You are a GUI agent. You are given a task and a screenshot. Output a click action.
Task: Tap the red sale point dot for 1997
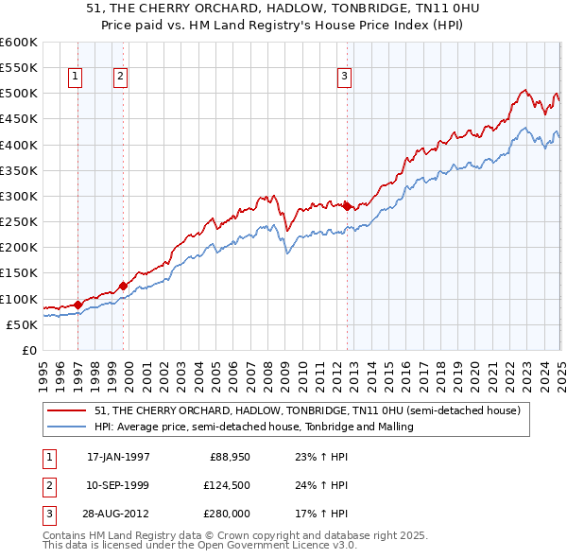[77, 305]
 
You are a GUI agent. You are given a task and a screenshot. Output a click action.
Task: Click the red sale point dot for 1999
[123, 286]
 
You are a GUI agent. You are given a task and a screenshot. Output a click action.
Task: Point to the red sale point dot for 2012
[347, 205]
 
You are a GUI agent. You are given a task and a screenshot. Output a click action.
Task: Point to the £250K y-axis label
[18, 222]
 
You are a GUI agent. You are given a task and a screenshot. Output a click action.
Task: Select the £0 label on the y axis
[28, 351]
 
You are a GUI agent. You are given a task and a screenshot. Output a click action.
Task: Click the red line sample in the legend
[67, 411]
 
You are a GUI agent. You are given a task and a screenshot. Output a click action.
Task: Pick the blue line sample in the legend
[67, 427]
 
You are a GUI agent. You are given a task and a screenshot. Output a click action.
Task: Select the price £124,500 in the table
[224, 485]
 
